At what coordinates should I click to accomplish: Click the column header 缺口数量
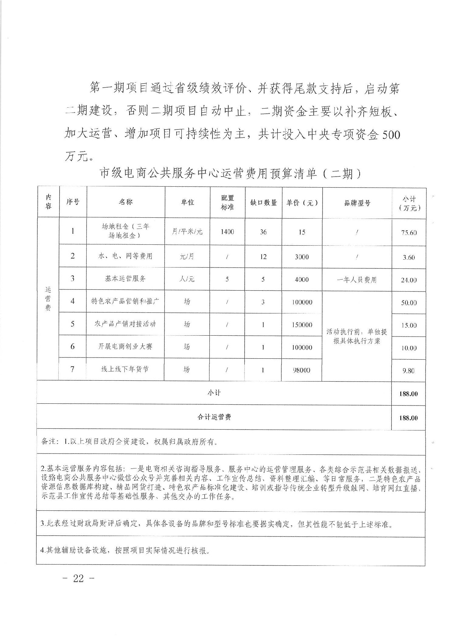coord(263,202)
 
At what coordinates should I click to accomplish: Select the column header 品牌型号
coord(357,203)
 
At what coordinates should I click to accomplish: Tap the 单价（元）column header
coord(302,203)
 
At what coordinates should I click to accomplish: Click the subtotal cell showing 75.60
coord(409,233)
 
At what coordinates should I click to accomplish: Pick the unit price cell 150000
coord(302,325)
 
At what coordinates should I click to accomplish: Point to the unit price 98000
coord(302,370)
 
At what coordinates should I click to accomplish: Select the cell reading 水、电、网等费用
coord(125,256)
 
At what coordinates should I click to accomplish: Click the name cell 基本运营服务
coord(125,278)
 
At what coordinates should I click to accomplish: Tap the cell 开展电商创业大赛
coord(125,346)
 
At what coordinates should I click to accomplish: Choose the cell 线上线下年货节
coord(125,369)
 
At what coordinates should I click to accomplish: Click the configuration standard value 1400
coord(227,232)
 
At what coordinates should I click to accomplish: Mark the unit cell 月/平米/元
coord(187,232)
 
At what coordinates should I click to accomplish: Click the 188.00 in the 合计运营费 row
coord(408,418)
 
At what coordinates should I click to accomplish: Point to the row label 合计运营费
coord(214,417)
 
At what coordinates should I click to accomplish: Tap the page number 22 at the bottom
coord(78,578)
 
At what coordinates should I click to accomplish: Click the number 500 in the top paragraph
coord(390,134)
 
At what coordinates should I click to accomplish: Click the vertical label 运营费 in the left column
coord(48,299)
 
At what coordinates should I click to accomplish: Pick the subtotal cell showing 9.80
coord(408,371)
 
